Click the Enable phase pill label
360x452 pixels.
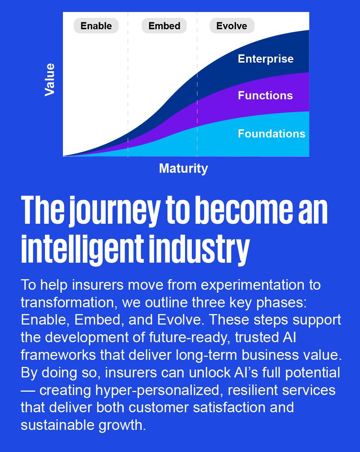tap(96, 26)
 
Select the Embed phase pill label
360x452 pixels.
tap(164, 26)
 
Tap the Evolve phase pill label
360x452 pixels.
tap(232, 26)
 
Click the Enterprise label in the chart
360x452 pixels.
tap(266, 59)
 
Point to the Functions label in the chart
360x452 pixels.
tap(265, 95)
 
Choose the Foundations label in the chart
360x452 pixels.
tap(272, 133)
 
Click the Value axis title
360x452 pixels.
tap(50, 80)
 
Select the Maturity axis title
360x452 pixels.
tap(184, 168)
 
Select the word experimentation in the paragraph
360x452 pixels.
tap(252, 285)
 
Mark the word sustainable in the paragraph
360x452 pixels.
tap(57, 425)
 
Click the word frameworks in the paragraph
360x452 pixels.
tap(58, 355)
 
